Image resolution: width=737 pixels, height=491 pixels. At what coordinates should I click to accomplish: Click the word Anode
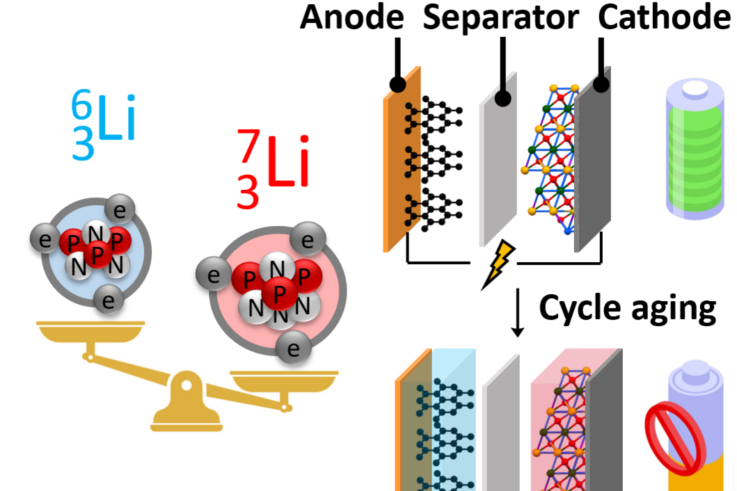point(352,17)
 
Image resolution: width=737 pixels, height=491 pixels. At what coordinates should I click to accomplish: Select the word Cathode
point(665,17)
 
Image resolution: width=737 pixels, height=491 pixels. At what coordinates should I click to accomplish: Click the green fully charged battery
point(695,148)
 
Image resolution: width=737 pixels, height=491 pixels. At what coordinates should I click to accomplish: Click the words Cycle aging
point(627,309)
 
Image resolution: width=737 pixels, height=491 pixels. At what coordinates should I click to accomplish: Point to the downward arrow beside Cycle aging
point(518,312)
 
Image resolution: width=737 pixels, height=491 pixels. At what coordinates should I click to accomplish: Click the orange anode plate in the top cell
point(402,160)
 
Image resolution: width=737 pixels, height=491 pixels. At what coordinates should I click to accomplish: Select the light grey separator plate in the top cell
point(498,160)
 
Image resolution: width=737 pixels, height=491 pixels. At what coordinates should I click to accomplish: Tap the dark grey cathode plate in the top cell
point(593,160)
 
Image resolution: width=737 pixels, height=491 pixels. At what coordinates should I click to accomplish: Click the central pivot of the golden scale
point(187,385)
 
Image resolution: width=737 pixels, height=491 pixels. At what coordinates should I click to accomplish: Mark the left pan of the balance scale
point(90,331)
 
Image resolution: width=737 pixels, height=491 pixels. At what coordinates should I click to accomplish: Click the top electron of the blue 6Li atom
point(120,209)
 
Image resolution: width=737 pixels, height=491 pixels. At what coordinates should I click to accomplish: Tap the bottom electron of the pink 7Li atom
point(293,348)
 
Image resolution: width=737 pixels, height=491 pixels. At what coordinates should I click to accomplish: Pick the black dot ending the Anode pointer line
point(397,85)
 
